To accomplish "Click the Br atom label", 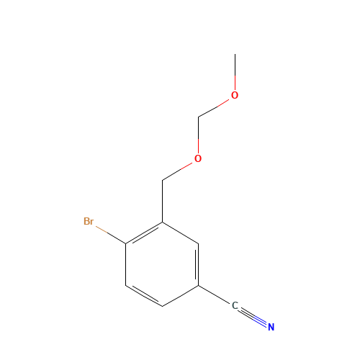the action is click(89, 221).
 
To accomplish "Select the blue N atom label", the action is click(271, 327).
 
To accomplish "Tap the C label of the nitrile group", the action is click(235, 306).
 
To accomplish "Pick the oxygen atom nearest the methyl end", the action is click(235, 95).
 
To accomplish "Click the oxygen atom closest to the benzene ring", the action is click(198, 158).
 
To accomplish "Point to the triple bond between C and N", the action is click(253, 317).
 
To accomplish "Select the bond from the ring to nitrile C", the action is click(214, 294).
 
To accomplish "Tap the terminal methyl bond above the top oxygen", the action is click(235, 72).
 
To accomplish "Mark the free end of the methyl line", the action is click(235, 54).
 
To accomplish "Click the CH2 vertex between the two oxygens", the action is click(198, 117).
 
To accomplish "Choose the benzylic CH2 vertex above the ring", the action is click(162, 180).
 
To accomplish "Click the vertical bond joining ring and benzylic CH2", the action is click(162, 201).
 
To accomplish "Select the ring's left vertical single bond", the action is click(126, 265).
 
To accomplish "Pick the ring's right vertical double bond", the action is click(197, 265).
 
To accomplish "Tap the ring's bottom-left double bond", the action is click(144, 295).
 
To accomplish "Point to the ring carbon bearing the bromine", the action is click(126, 243).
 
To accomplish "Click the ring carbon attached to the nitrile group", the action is click(199, 286).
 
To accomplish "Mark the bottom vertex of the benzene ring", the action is click(162, 307).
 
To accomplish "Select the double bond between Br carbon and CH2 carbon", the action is click(144, 234).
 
